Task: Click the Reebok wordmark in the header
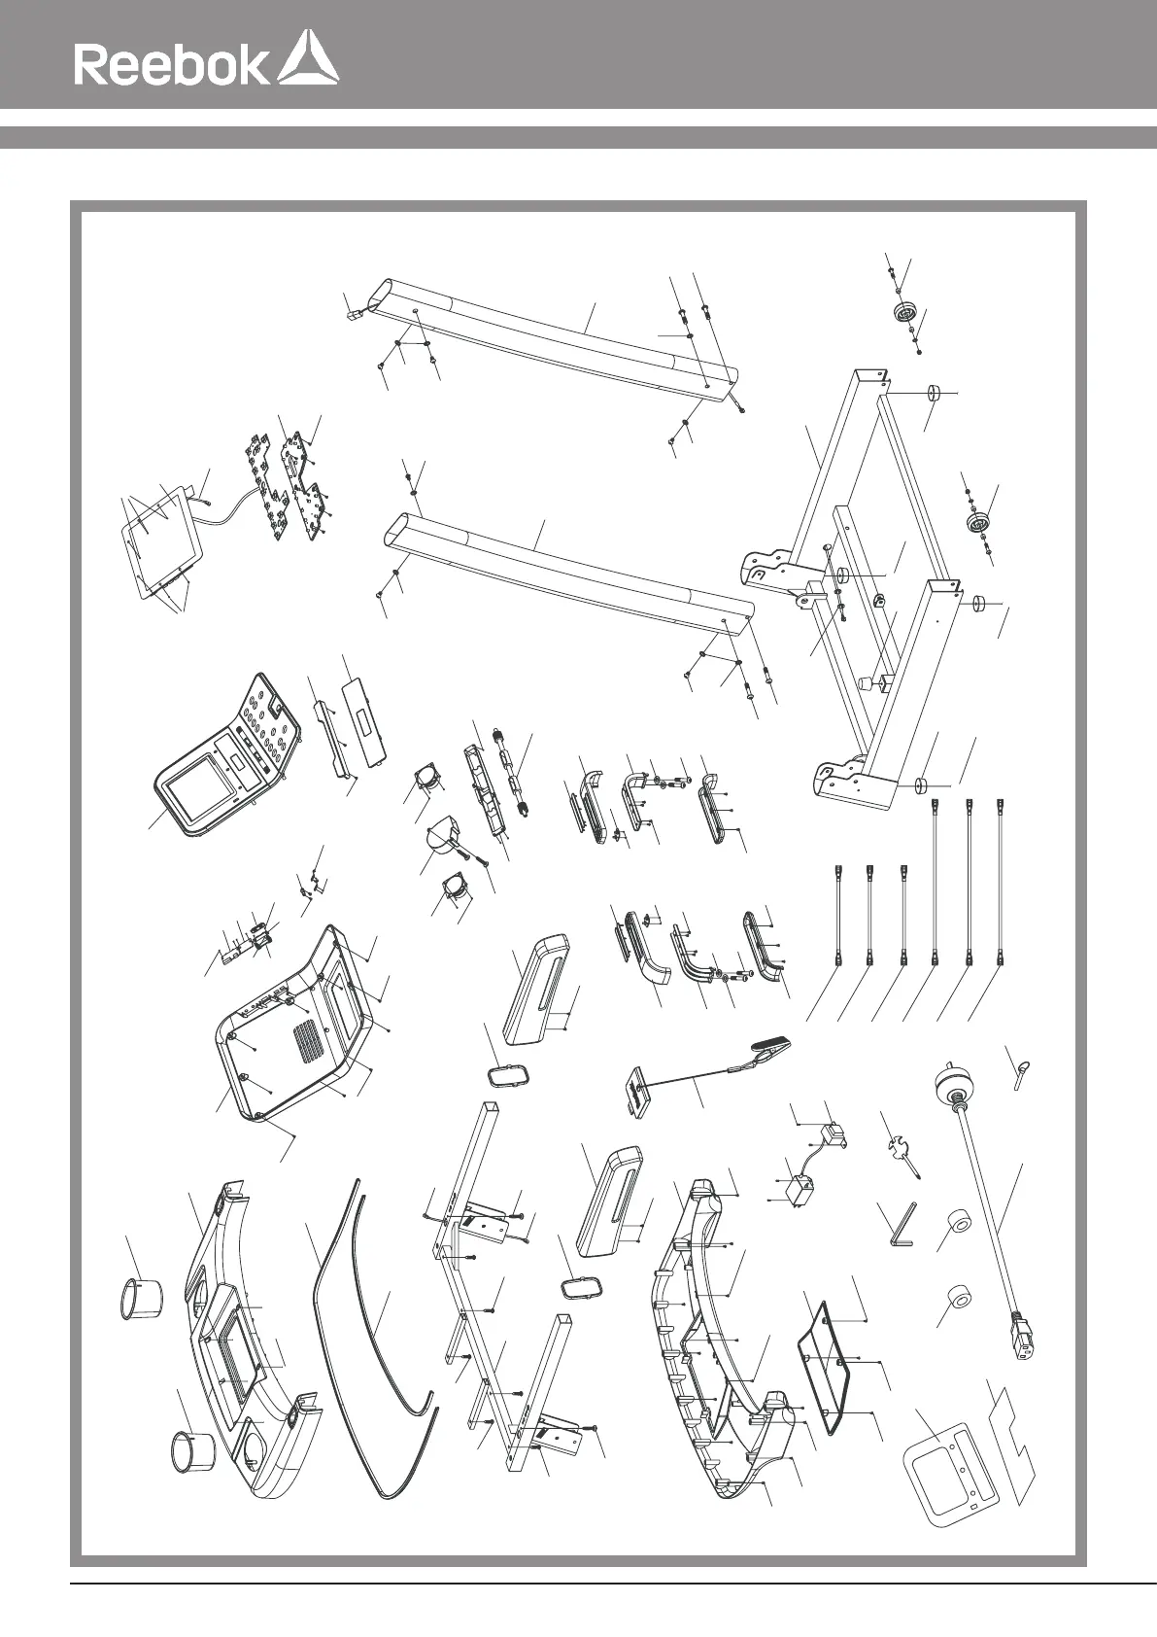(171, 65)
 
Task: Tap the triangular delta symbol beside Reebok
(308, 59)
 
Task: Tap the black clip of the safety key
(770, 1047)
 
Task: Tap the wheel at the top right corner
(905, 315)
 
